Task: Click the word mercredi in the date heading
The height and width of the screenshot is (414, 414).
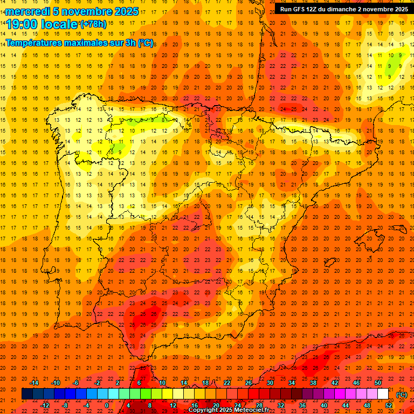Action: (28, 11)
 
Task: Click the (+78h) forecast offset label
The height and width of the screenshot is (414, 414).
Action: (93, 24)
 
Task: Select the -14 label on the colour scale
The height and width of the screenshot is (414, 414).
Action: (34, 383)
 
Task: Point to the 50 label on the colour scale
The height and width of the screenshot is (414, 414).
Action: (378, 383)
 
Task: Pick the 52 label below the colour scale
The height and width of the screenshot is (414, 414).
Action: (389, 405)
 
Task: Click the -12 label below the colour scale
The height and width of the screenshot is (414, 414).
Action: (45, 405)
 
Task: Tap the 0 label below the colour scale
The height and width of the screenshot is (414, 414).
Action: (107, 405)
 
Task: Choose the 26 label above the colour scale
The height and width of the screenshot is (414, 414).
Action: (249, 383)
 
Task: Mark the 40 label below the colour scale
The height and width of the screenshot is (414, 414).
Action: (324, 405)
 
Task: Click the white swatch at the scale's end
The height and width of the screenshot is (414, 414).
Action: (383, 394)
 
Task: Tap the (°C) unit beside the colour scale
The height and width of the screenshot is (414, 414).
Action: (402, 395)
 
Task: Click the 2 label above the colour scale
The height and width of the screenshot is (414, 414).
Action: (118, 383)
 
